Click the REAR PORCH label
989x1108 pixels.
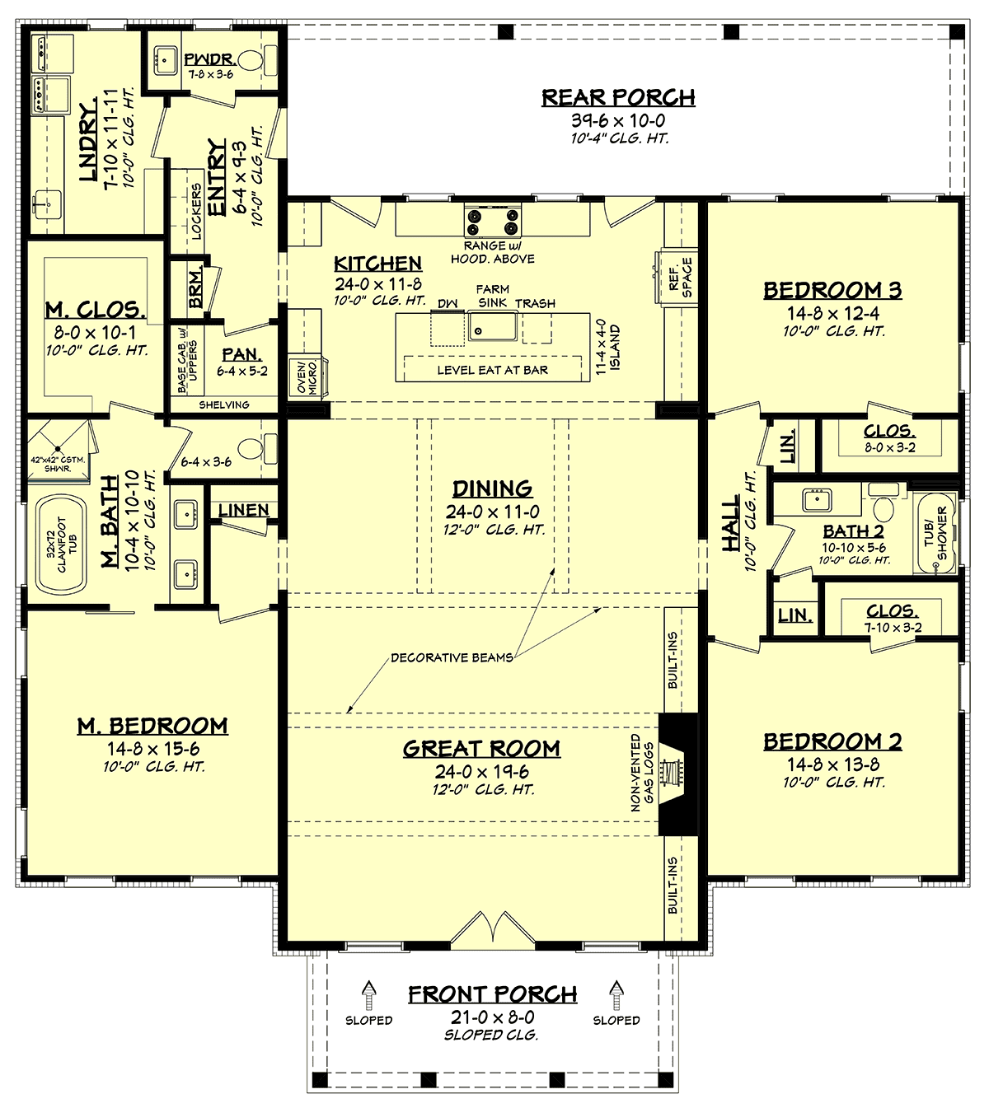[x=618, y=97]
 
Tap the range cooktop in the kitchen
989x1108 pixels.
[x=492, y=221]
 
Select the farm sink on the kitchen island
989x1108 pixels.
[x=492, y=326]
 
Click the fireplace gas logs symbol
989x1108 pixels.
[x=671, y=774]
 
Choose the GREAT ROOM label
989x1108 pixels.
[x=481, y=749]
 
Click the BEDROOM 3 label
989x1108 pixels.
[x=832, y=291]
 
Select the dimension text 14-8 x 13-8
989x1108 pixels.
[x=833, y=764]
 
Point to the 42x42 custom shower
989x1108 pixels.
[x=58, y=452]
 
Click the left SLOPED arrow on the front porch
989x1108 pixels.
[x=369, y=993]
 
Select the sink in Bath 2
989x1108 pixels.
[x=817, y=499]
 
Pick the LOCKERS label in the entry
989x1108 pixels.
[x=196, y=211]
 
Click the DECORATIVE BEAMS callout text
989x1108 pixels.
[x=452, y=657]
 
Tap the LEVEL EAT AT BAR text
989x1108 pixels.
[x=493, y=370]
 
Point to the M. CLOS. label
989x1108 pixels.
[x=96, y=310]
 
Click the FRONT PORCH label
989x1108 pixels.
[x=493, y=994]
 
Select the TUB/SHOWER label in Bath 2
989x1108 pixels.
[x=935, y=533]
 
